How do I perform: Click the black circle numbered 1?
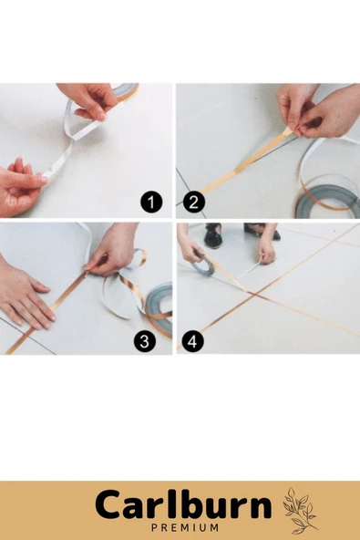[151, 202]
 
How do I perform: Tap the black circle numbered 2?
[194, 202]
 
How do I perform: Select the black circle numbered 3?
[145, 341]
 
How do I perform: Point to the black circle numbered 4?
[192, 342]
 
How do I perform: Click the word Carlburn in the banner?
[183, 505]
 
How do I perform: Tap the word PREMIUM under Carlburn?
[185, 527]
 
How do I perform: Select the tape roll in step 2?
[326, 202]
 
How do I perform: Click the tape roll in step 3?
[159, 308]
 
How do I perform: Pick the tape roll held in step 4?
[206, 264]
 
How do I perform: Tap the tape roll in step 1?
[127, 90]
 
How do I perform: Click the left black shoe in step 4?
[212, 235]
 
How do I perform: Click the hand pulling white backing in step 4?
[266, 251]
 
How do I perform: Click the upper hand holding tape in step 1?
[89, 100]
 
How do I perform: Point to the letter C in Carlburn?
[107, 505]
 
